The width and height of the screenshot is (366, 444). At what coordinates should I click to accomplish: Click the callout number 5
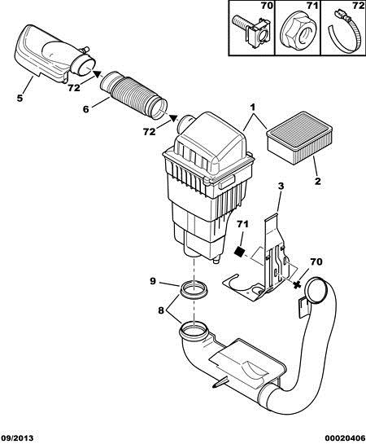coord(20,98)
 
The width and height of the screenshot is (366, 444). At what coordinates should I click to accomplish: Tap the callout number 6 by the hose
coord(86,108)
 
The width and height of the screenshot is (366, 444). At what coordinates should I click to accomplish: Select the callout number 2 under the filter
coord(318,181)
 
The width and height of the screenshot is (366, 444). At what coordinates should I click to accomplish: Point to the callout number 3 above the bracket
coord(281,186)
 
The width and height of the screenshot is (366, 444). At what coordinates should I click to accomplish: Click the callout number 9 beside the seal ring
coord(153,281)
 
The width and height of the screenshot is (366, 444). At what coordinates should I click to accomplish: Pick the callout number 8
coord(161,310)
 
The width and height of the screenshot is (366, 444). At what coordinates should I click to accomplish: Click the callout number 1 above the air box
coord(252,108)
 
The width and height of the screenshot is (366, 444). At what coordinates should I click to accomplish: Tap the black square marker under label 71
coord(240,251)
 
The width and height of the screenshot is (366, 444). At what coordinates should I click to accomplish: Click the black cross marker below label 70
coord(297,284)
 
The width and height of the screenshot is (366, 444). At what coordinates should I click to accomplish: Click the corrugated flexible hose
coord(133,94)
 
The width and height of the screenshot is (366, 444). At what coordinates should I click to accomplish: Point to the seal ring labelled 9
coord(194,288)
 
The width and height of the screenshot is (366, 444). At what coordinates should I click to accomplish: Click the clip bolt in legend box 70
coord(251,31)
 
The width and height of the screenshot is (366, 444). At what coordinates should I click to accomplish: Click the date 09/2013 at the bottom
coord(17,437)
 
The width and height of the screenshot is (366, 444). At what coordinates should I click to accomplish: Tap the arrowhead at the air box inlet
coord(173,118)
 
